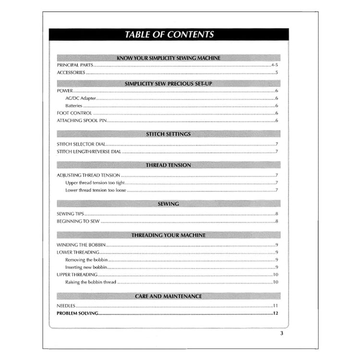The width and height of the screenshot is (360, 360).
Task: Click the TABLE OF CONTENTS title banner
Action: (169, 35)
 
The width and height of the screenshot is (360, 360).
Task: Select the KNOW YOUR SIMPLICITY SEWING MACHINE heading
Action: (168, 58)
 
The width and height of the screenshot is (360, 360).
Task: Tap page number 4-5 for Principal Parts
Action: (275, 65)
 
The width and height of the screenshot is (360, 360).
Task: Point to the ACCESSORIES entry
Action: (71, 73)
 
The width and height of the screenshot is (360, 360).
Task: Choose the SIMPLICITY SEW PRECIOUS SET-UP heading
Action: (168, 83)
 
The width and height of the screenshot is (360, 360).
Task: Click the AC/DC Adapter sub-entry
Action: (81, 98)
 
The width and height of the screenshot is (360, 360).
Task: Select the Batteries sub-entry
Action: (74, 106)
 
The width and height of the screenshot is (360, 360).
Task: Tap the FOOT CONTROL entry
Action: (74, 113)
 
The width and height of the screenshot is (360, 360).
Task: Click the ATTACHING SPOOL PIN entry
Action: (82, 121)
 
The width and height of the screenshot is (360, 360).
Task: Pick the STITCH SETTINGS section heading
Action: (168, 134)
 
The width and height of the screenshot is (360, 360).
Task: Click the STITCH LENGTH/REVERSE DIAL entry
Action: (89, 152)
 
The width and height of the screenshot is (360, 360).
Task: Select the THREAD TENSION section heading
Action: (168, 165)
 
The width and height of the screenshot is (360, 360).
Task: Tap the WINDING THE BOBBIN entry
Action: (81, 245)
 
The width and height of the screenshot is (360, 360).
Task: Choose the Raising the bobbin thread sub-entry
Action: (91, 282)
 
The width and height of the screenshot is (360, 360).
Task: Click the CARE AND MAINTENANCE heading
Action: (168, 296)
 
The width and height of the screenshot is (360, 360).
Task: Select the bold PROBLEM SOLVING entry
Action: (77, 313)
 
